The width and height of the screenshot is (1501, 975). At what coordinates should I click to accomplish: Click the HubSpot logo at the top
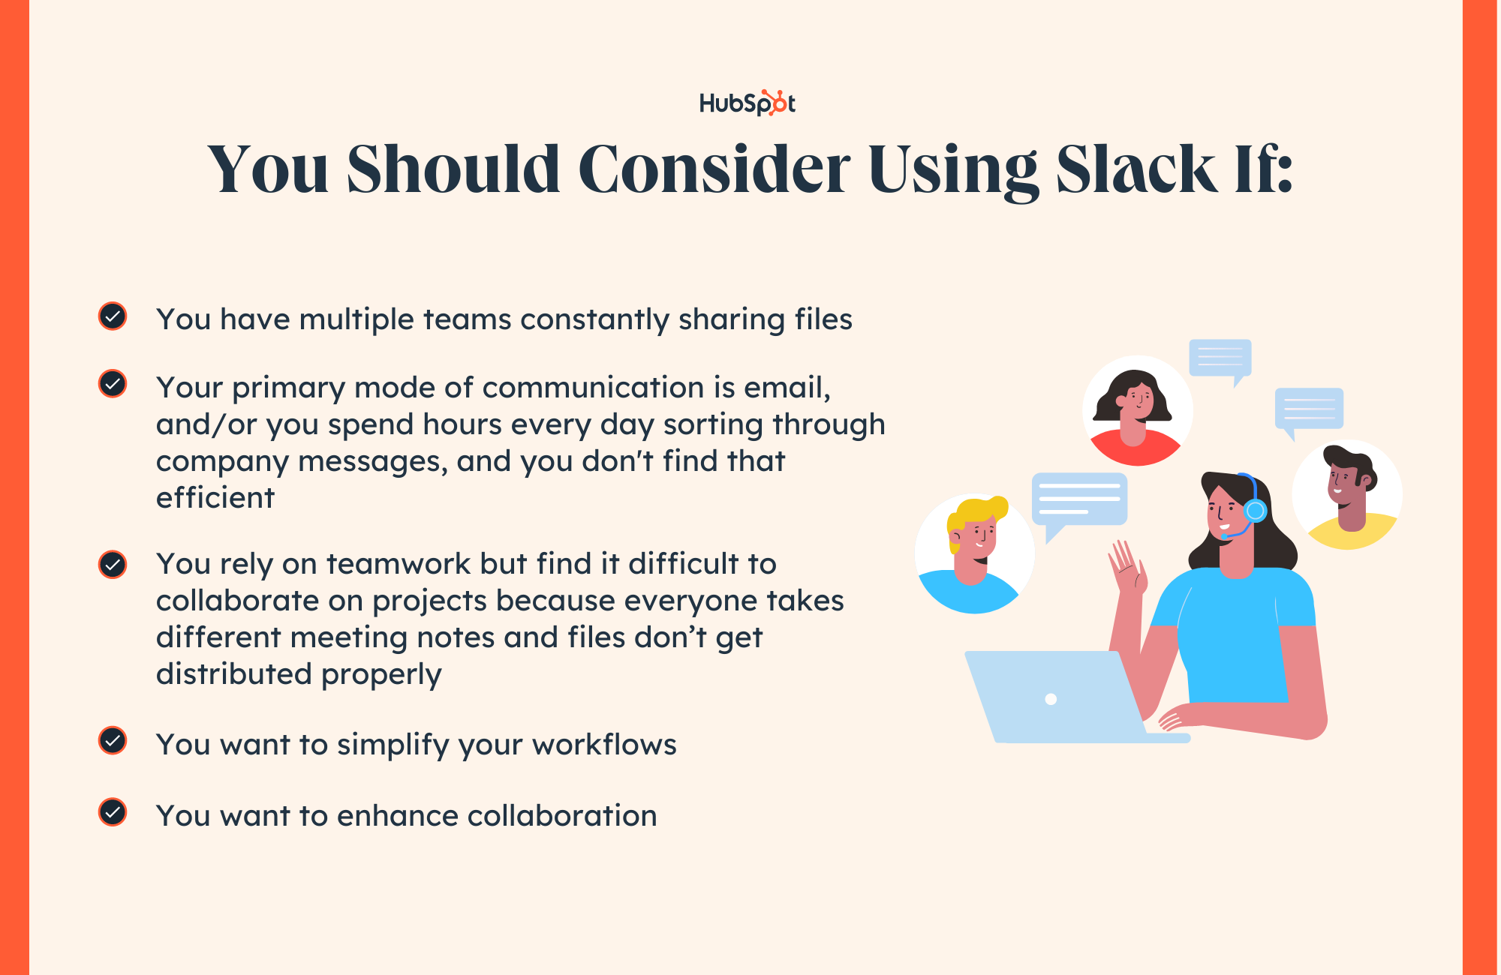(747, 103)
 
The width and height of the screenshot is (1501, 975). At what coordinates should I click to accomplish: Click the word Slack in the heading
(1135, 169)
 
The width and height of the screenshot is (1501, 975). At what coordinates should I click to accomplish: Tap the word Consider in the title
(714, 169)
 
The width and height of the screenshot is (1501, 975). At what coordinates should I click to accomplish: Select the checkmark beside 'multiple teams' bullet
(113, 316)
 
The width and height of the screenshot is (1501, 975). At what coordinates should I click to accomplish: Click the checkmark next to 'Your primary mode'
(113, 384)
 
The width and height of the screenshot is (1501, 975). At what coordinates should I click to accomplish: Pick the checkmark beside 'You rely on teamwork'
(113, 564)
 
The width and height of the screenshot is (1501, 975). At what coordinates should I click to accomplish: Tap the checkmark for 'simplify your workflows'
(113, 741)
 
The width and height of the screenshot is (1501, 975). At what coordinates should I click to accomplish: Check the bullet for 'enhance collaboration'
(113, 812)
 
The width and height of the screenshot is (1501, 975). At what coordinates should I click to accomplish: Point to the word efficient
(215, 498)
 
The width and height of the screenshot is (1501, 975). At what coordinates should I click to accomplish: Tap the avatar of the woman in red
(1137, 411)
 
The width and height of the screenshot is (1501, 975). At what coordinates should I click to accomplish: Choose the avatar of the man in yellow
(1348, 495)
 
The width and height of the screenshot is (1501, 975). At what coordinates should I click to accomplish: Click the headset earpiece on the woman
(1255, 511)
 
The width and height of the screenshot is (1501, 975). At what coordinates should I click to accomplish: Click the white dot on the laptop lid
(1051, 699)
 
